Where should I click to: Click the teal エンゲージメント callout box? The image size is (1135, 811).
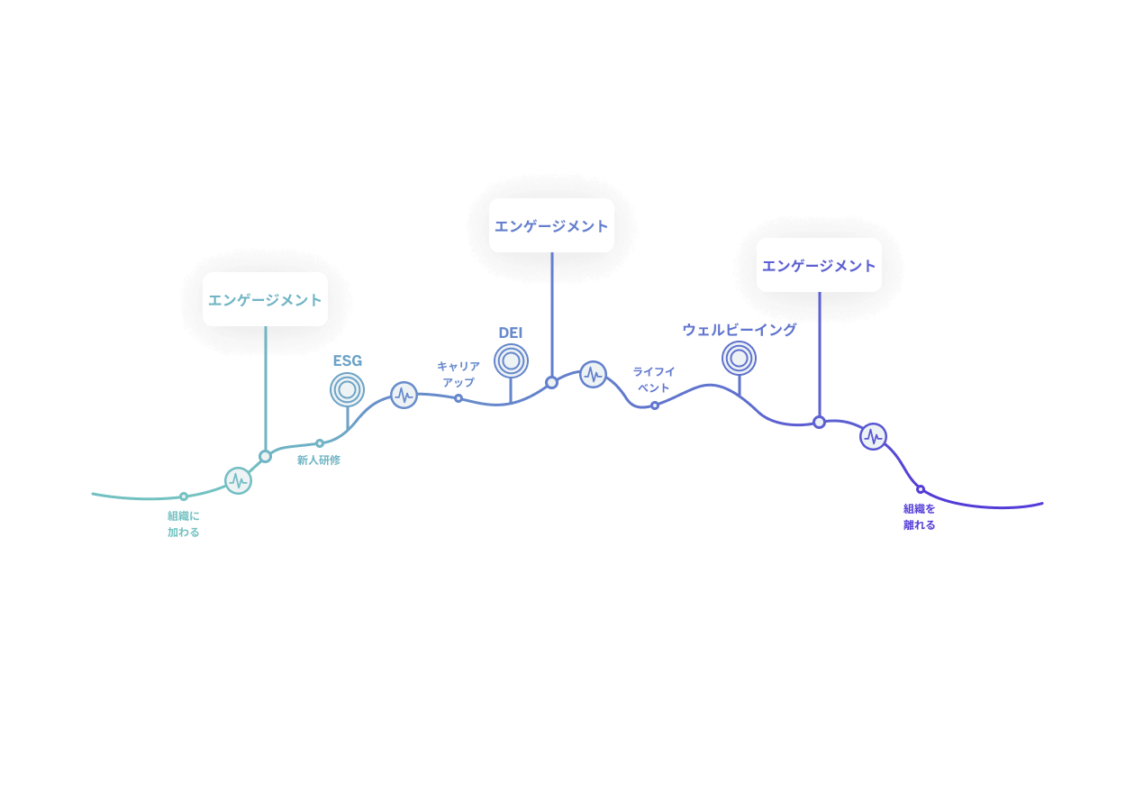point(265,299)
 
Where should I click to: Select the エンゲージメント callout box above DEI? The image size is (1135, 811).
point(551,225)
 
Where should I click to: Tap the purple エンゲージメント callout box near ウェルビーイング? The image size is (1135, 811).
point(819,265)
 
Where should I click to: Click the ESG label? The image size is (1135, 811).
point(348,360)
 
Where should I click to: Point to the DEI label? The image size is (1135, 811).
point(510,333)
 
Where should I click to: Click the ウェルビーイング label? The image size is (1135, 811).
point(740,330)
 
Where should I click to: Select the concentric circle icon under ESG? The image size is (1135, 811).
point(347,390)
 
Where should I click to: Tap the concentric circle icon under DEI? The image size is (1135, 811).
point(512,360)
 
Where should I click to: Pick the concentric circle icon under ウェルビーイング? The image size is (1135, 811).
point(740,359)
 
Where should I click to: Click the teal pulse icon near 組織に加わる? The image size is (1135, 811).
point(238,480)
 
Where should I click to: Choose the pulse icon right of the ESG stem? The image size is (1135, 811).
point(404,396)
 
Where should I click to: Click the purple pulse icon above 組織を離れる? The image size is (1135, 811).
point(873,436)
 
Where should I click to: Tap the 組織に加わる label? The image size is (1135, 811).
point(184,524)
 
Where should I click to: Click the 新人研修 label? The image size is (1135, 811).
point(319,460)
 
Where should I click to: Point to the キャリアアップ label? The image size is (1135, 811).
point(459,374)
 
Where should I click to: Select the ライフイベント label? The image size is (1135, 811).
point(654,379)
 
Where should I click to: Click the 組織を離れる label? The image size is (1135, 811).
point(919,517)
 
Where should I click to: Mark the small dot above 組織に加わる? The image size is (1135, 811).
point(184,497)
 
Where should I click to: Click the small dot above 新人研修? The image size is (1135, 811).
point(320,443)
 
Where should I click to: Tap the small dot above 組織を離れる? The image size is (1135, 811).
point(921,489)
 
